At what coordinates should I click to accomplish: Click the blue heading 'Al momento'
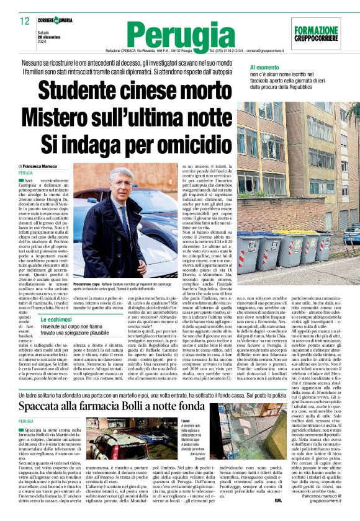[x=266, y=66]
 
